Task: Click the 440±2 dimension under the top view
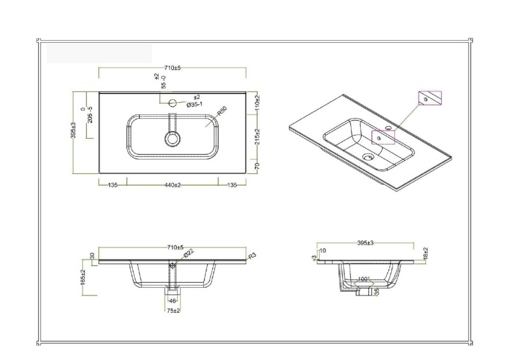click(x=172, y=185)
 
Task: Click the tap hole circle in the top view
click(x=171, y=102)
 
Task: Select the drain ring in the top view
click(x=172, y=139)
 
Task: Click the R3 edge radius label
click(x=252, y=255)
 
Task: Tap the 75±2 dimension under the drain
click(x=172, y=310)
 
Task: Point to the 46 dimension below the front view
click(x=172, y=299)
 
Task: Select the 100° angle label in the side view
click(x=364, y=279)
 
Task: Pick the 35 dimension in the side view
click(x=377, y=292)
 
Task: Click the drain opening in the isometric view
click(x=367, y=156)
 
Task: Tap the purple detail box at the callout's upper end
click(x=430, y=98)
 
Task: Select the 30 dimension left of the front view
click(x=93, y=255)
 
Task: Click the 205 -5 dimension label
click(x=90, y=116)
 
